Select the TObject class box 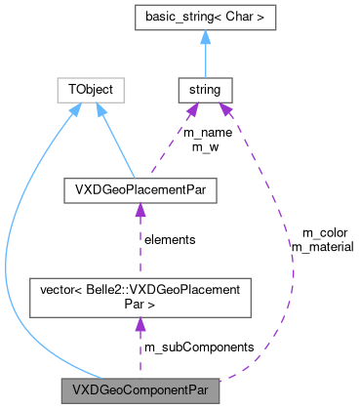click(91, 90)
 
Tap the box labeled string click(205, 90)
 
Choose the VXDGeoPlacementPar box click(140, 189)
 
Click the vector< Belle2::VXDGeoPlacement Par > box click(140, 297)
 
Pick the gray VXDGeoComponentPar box click(140, 391)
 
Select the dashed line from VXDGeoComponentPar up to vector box click(140, 353)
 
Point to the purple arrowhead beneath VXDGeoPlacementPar click(140, 210)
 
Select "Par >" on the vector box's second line click(140, 305)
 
